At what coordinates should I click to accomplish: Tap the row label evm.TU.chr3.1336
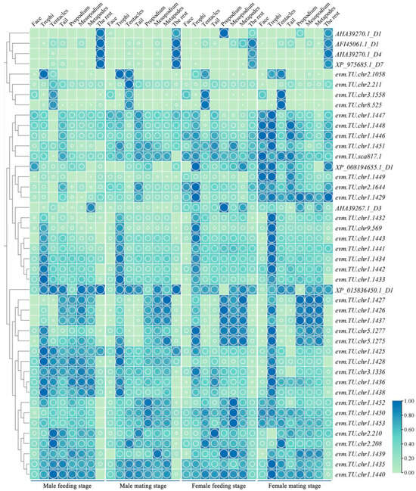362,371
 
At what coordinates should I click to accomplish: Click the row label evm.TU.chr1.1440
362,474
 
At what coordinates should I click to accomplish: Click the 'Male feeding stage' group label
65,484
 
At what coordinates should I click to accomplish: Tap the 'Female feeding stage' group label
219,484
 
